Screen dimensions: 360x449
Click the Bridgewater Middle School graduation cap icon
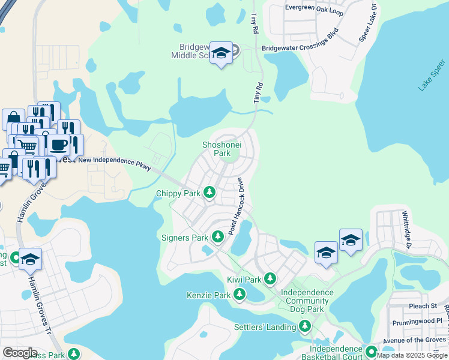click(221, 53)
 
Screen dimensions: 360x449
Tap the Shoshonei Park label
click(216, 148)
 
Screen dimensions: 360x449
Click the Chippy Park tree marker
click(209, 193)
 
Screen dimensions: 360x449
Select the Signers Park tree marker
click(217, 238)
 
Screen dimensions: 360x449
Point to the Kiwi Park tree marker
click(270, 278)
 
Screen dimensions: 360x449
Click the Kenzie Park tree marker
click(240, 294)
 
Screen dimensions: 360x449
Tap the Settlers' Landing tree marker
click(305, 326)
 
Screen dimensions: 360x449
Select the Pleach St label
click(424, 306)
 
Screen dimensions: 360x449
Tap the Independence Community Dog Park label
click(307, 301)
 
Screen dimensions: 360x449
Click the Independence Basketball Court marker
click(371, 351)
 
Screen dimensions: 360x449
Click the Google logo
click(20, 353)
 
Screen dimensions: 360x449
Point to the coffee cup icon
click(59, 144)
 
